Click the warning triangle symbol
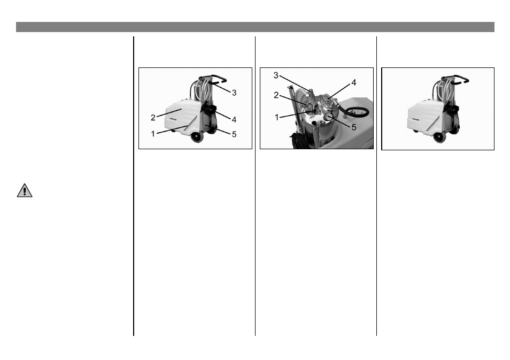(25, 190)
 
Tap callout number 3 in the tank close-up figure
(276, 76)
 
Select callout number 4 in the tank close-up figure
(354, 83)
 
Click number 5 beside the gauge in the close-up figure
(354, 127)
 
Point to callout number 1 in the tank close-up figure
(277, 118)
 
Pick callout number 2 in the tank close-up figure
(276, 95)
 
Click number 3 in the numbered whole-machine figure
(234, 93)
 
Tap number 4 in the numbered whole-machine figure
(234, 120)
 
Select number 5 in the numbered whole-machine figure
(234, 134)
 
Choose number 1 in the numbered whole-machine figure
(153, 134)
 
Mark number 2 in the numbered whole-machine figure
(153, 118)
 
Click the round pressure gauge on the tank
(329, 117)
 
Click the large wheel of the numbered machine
(197, 137)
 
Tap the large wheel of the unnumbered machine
(439, 136)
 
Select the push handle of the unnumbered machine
(455, 78)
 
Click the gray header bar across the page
(255, 27)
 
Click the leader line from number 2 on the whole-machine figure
(169, 113)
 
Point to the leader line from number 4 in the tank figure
(339, 90)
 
